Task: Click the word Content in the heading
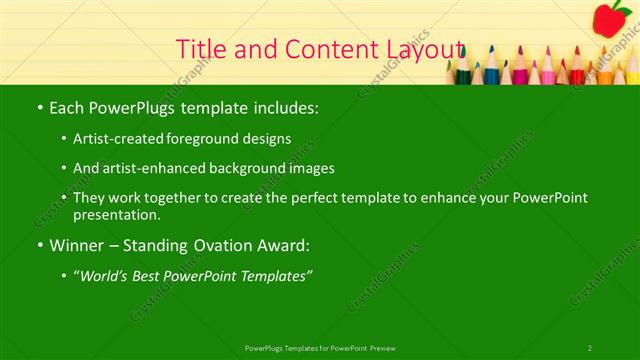[321, 49]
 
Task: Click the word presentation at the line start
[117, 214]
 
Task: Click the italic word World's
[104, 274]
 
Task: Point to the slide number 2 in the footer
[590, 347]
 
